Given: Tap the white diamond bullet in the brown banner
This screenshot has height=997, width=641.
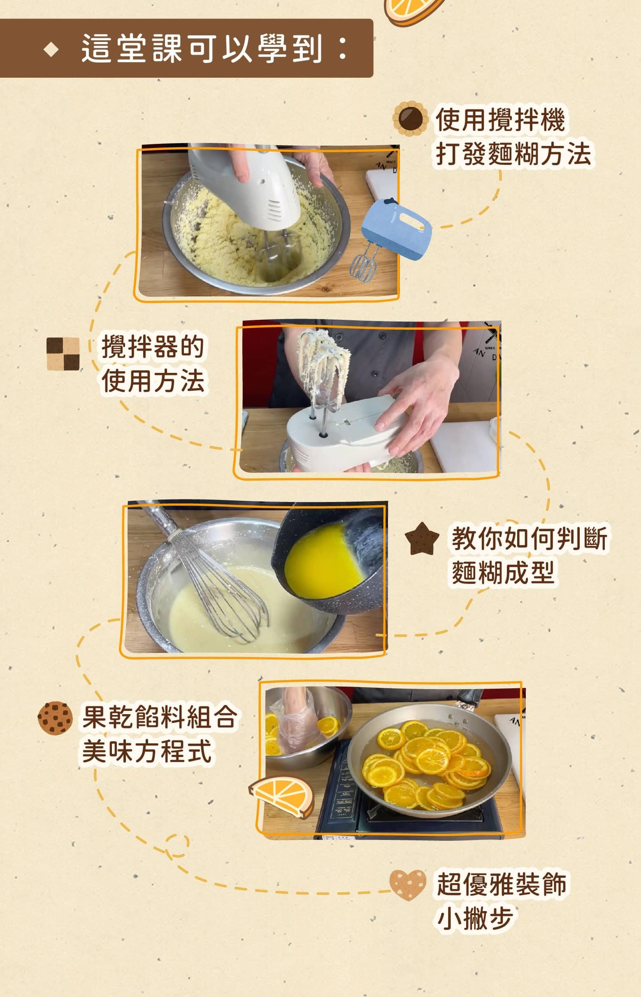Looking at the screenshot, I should [x=51, y=50].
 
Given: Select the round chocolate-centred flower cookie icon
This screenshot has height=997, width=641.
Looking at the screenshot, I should [x=411, y=118].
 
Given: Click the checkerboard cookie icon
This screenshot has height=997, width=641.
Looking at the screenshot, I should [x=63, y=354].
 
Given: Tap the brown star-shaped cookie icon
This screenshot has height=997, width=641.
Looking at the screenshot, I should [x=422, y=539].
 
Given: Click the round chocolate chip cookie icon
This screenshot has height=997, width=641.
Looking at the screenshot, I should [x=55, y=718].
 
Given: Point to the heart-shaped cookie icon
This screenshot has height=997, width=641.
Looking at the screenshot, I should [x=408, y=886].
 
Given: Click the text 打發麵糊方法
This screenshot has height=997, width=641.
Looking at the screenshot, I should [x=513, y=153].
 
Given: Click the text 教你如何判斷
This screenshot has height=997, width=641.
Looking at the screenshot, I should [x=529, y=538].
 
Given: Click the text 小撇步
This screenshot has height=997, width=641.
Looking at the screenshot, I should [x=474, y=919].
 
